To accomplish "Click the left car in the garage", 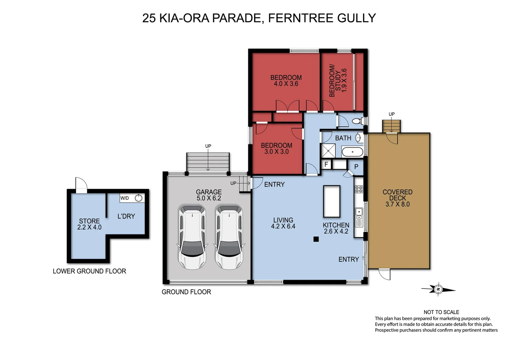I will pyautogui.click(x=192, y=237).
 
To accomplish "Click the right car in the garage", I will pyautogui.click(x=229, y=237).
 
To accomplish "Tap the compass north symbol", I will pyautogui.click(x=438, y=289).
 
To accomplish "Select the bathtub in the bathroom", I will pyautogui.click(x=352, y=152).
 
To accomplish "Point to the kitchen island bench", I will pyautogui.click(x=331, y=201).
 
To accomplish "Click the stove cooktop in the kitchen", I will pyautogui.click(x=359, y=189).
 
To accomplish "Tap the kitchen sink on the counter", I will pyautogui.click(x=359, y=211).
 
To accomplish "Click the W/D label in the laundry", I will pyautogui.click(x=125, y=198).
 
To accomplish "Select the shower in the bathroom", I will pyautogui.click(x=328, y=151).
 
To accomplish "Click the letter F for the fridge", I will pyautogui.click(x=326, y=164).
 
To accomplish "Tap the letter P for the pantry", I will pyautogui.click(x=356, y=167).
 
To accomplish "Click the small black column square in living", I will pyautogui.click(x=316, y=239).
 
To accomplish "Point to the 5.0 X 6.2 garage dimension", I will pyautogui.click(x=209, y=198).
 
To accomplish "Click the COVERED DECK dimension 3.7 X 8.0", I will pyautogui.click(x=397, y=204).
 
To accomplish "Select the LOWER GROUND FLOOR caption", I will pyautogui.click(x=89, y=271).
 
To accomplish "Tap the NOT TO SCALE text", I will pyautogui.click(x=441, y=312).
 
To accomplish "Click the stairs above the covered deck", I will pyautogui.click(x=391, y=126).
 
